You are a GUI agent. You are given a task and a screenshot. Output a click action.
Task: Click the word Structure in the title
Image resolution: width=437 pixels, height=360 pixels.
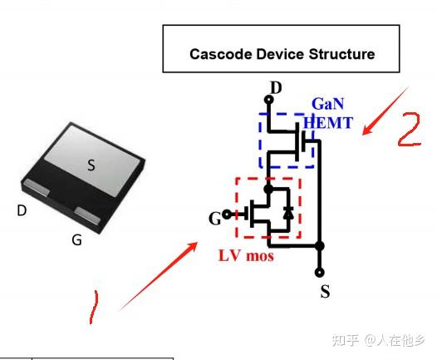[341, 54]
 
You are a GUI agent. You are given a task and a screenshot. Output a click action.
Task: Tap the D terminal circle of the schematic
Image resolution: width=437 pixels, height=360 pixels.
[268, 99]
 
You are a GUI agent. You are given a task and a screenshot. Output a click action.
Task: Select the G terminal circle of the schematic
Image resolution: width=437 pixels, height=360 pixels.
[227, 215]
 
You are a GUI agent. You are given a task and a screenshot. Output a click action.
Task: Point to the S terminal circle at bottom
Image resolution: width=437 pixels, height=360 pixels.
[319, 273]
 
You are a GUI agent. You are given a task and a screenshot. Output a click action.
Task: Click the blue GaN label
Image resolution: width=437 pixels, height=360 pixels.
[327, 104]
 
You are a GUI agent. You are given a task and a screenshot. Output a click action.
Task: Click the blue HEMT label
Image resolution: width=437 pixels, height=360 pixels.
[328, 123]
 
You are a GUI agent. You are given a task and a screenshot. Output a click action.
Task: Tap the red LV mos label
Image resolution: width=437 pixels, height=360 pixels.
[246, 256]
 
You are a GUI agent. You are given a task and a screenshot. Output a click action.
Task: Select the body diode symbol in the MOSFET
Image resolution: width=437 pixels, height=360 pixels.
[288, 214]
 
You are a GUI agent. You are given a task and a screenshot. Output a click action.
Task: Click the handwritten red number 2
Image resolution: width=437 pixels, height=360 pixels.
[410, 130]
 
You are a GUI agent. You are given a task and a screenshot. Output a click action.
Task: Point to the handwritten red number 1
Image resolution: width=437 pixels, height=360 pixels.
[94, 308]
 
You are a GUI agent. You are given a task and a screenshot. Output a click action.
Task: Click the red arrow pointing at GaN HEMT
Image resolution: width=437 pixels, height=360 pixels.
[385, 111]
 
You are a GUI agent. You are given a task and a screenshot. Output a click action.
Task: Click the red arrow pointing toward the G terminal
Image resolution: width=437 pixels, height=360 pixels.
[160, 276]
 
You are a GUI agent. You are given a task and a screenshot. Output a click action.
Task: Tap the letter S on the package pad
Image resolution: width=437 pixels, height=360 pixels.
[91, 165]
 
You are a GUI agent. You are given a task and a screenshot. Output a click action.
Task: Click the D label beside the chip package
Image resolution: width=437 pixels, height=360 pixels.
[22, 210]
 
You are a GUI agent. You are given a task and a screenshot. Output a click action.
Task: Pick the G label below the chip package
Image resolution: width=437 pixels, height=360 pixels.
[77, 239]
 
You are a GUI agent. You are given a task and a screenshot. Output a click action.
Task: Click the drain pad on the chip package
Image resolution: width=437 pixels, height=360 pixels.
[37, 187]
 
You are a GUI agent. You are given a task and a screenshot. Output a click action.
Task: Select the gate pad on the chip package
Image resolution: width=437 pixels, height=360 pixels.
[88, 215]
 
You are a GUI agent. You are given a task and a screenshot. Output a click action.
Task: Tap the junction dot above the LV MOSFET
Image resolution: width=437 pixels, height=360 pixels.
[268, 190]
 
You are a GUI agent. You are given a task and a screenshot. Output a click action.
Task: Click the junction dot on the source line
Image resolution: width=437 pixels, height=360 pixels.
[319, 246]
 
